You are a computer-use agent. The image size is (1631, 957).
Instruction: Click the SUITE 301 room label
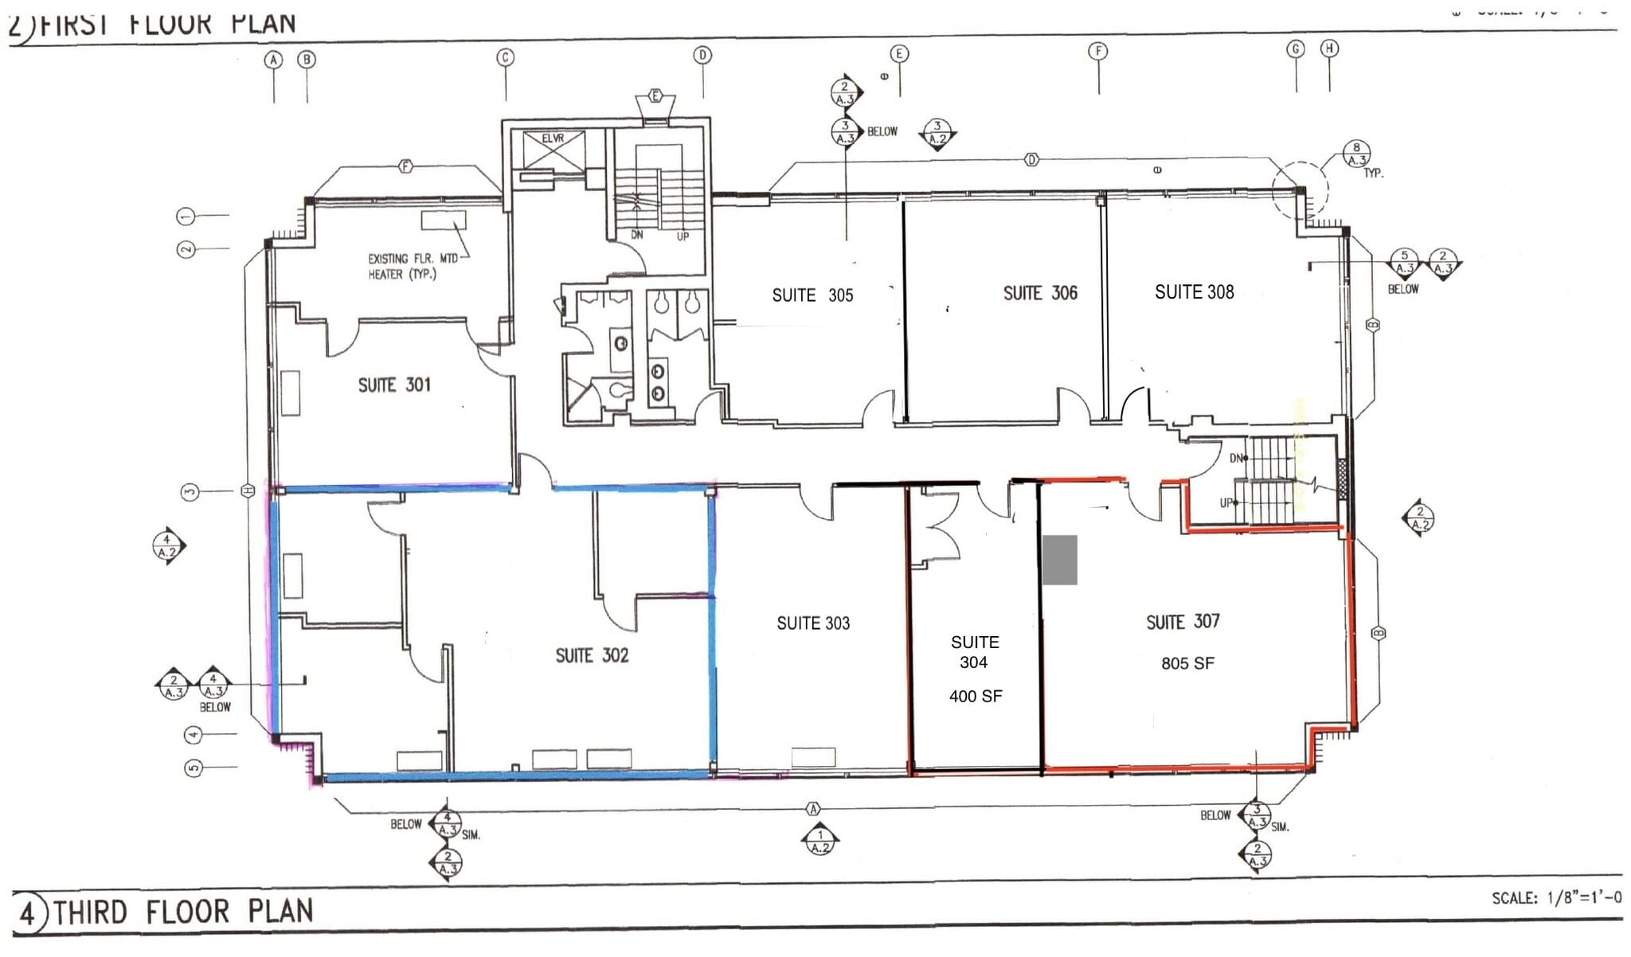[393, 385]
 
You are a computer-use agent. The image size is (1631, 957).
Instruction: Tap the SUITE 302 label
[592, 655]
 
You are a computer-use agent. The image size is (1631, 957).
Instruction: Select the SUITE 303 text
[813, 623]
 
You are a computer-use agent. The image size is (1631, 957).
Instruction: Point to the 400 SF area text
[975, 697]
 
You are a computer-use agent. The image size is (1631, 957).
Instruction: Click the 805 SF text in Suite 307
[1187, 663]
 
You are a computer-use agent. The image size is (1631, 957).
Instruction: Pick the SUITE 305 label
[812, 295]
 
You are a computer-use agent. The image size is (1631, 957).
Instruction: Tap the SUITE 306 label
[1039, 294]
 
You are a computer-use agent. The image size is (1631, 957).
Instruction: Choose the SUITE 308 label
[1194, 292]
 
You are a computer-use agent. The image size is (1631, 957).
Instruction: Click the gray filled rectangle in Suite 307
[1059, 560]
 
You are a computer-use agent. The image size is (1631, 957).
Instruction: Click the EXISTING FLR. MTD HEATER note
[412, 267]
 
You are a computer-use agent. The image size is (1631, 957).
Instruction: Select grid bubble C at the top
[505, 57]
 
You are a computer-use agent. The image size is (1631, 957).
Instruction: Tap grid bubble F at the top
[1098, 52]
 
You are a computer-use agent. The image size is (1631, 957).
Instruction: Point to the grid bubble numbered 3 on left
[189, 492]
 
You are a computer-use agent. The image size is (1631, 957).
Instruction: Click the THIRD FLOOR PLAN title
[183, 912]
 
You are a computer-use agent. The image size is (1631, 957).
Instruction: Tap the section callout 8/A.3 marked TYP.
[1355, 153]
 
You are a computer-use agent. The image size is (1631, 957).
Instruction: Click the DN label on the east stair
[1237, 459]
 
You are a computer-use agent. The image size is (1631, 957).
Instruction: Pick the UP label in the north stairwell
[683, 236]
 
